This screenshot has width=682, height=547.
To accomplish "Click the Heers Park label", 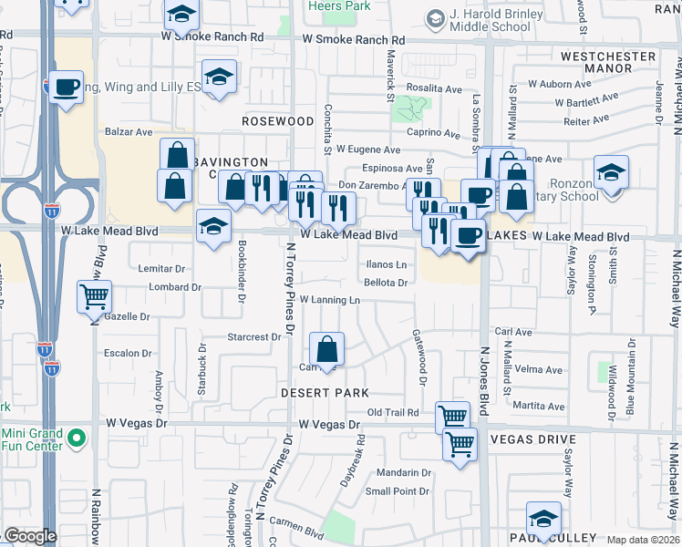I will (349, 5).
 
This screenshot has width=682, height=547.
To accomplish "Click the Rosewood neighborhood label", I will (278, 120).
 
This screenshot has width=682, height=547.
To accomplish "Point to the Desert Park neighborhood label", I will (324, 392).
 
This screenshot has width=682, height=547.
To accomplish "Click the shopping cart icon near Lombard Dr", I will (95, 295).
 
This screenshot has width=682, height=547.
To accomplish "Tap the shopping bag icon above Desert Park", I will (326, 349).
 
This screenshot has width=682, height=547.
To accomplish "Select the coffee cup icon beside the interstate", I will (65, 88).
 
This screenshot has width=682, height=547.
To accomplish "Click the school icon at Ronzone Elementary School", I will (611, 171).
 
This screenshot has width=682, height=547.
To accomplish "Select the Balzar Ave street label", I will (129, 131).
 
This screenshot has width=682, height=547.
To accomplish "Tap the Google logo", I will (28, 536).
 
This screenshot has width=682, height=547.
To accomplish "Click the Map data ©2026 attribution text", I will (642, 540).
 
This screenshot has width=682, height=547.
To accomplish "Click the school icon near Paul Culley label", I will (543, 519).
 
